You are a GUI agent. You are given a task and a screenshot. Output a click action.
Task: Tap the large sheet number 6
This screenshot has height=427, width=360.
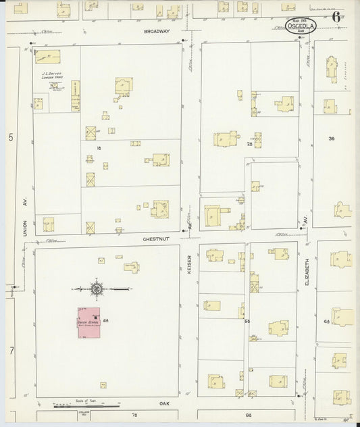pyautogui.click(x=336, y=18)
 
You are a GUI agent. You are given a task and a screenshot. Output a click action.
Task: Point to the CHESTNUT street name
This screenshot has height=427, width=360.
pyautogui.click(x=154, y=238)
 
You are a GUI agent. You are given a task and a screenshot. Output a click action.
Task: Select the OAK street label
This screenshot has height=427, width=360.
pyautogui.click(x=163, y=403)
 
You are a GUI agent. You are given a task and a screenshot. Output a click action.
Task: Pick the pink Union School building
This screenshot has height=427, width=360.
pyautogui.click(x=89, y=324)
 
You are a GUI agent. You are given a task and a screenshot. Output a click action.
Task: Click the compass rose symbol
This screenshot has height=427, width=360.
pyautogui.click(x=96, y=288)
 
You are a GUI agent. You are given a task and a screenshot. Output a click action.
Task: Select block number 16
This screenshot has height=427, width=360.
pyautogui.click(x=98, y=147)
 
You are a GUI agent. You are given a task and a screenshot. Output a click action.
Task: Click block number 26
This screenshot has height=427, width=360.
pyautogui.click(x=249, y=144)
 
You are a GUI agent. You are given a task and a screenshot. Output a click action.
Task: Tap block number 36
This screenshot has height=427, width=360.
pyautogui.click(x=331, y=139)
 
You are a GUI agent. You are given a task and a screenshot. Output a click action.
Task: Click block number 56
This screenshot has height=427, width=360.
pyautogui.click(x=247, y=321)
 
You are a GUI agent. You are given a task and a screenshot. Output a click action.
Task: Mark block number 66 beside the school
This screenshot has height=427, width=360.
pyautogui.click(x=107, y=320)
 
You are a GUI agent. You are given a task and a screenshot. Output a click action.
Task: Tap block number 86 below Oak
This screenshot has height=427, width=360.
pyautogui.click(x=248, y=413)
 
